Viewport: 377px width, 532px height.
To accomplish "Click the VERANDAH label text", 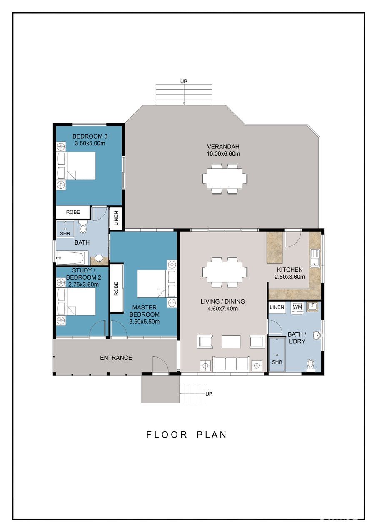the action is click(x=223, y=147).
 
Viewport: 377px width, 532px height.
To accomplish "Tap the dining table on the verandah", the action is click(x=225, y=178).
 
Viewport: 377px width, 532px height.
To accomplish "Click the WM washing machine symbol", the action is click(x=297, y=307).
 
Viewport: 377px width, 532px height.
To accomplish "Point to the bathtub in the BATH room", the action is click(x=70, y=258).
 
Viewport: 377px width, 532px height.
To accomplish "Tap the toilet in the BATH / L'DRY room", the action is click(x=310, y=366).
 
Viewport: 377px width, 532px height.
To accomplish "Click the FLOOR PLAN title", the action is click(x=186, y=435).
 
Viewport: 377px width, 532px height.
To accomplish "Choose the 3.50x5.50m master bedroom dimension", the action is click(x=145, y=322).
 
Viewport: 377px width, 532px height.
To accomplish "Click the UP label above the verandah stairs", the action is click(x=184, y=82).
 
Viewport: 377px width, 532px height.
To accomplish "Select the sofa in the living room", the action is click(x=231, y=364).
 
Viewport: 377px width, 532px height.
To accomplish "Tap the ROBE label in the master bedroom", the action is click(x=116, y=289).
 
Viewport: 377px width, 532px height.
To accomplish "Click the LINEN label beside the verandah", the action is click(x=116, y=218).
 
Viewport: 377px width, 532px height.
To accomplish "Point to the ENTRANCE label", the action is click(x=116, y=358).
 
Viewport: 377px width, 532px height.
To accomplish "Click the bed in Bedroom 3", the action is click(x=76, y=166).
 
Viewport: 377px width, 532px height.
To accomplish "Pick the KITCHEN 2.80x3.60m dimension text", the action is click(x=290, y=277).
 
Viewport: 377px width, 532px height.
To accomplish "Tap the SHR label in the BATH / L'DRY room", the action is click(x=277, y=362).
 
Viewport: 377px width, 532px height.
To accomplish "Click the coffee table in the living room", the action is click(x=231, y=341).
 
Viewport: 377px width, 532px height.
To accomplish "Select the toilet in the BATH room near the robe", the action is click(x=83, y=227).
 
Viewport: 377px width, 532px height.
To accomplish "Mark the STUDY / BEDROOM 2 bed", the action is click(x=76, y=302).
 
